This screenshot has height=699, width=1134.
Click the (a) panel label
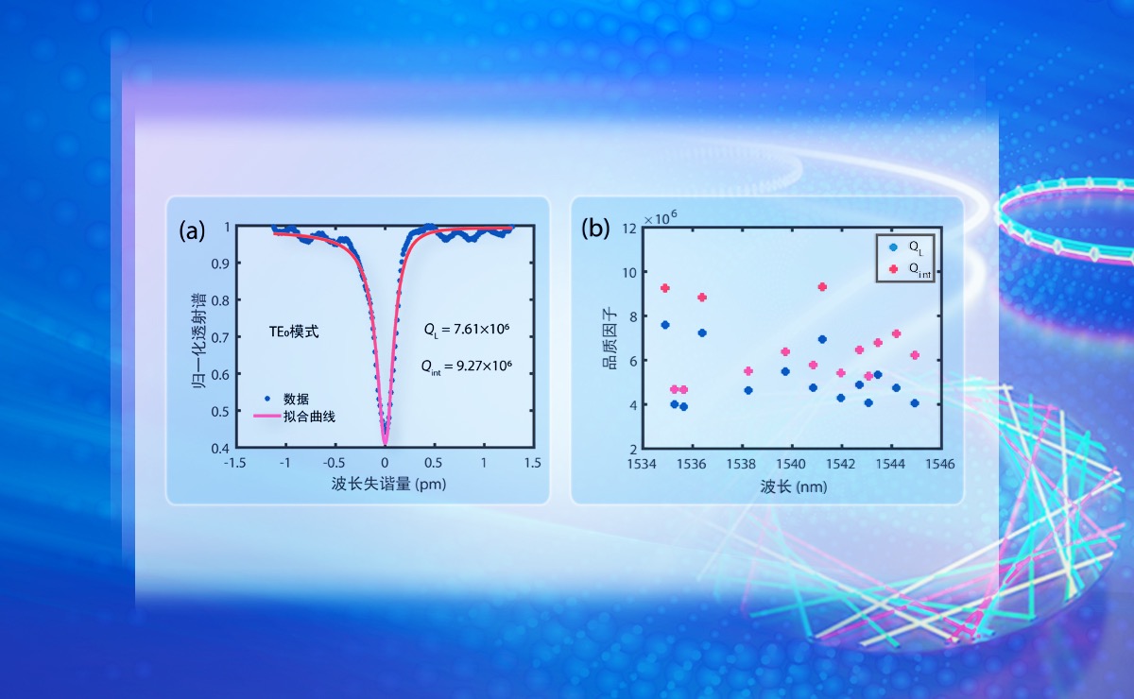(193, 230)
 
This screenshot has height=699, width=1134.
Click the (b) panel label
(595, 230)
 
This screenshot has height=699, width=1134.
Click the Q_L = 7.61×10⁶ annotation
(467, 330)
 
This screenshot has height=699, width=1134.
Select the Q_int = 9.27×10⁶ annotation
(467, 364)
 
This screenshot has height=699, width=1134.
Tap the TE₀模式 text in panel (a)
(295, 333)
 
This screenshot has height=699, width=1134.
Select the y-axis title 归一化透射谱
(200, 337)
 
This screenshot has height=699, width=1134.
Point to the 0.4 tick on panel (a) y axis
(220, 448)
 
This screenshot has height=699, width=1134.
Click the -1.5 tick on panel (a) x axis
(235, 464)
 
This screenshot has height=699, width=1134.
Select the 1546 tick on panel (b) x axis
(938, 464)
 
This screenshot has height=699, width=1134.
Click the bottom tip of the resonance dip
(385, 442)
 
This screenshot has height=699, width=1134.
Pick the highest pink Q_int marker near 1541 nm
(822, 287)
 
